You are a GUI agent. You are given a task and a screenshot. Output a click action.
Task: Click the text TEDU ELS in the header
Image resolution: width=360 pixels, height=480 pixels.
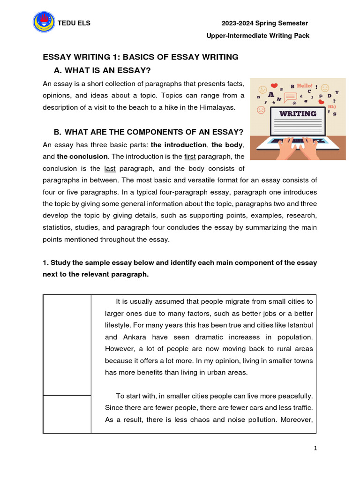pos(74,23)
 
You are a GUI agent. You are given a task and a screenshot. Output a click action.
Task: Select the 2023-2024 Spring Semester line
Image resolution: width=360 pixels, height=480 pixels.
pos(264,23)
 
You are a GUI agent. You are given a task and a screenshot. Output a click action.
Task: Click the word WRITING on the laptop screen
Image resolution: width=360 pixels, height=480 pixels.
pos(298,113)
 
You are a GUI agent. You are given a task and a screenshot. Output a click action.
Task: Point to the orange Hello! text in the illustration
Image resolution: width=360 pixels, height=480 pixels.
pos(304,86)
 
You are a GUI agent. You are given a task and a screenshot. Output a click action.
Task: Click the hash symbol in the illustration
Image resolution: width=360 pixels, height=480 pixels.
pos(306,101)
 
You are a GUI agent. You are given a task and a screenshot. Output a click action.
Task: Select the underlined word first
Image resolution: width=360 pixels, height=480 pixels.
pos(190,157)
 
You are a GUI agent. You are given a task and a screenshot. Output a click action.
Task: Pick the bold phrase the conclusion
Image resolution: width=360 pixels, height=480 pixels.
pos(82,157)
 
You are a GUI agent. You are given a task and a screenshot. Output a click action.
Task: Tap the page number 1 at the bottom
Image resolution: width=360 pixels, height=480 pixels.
pos(315,449)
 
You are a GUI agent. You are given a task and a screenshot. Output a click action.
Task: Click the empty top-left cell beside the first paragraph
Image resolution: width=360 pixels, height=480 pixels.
pos(67,345)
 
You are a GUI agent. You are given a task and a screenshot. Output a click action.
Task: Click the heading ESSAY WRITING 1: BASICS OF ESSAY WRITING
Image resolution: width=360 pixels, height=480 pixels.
pos(141,57)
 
